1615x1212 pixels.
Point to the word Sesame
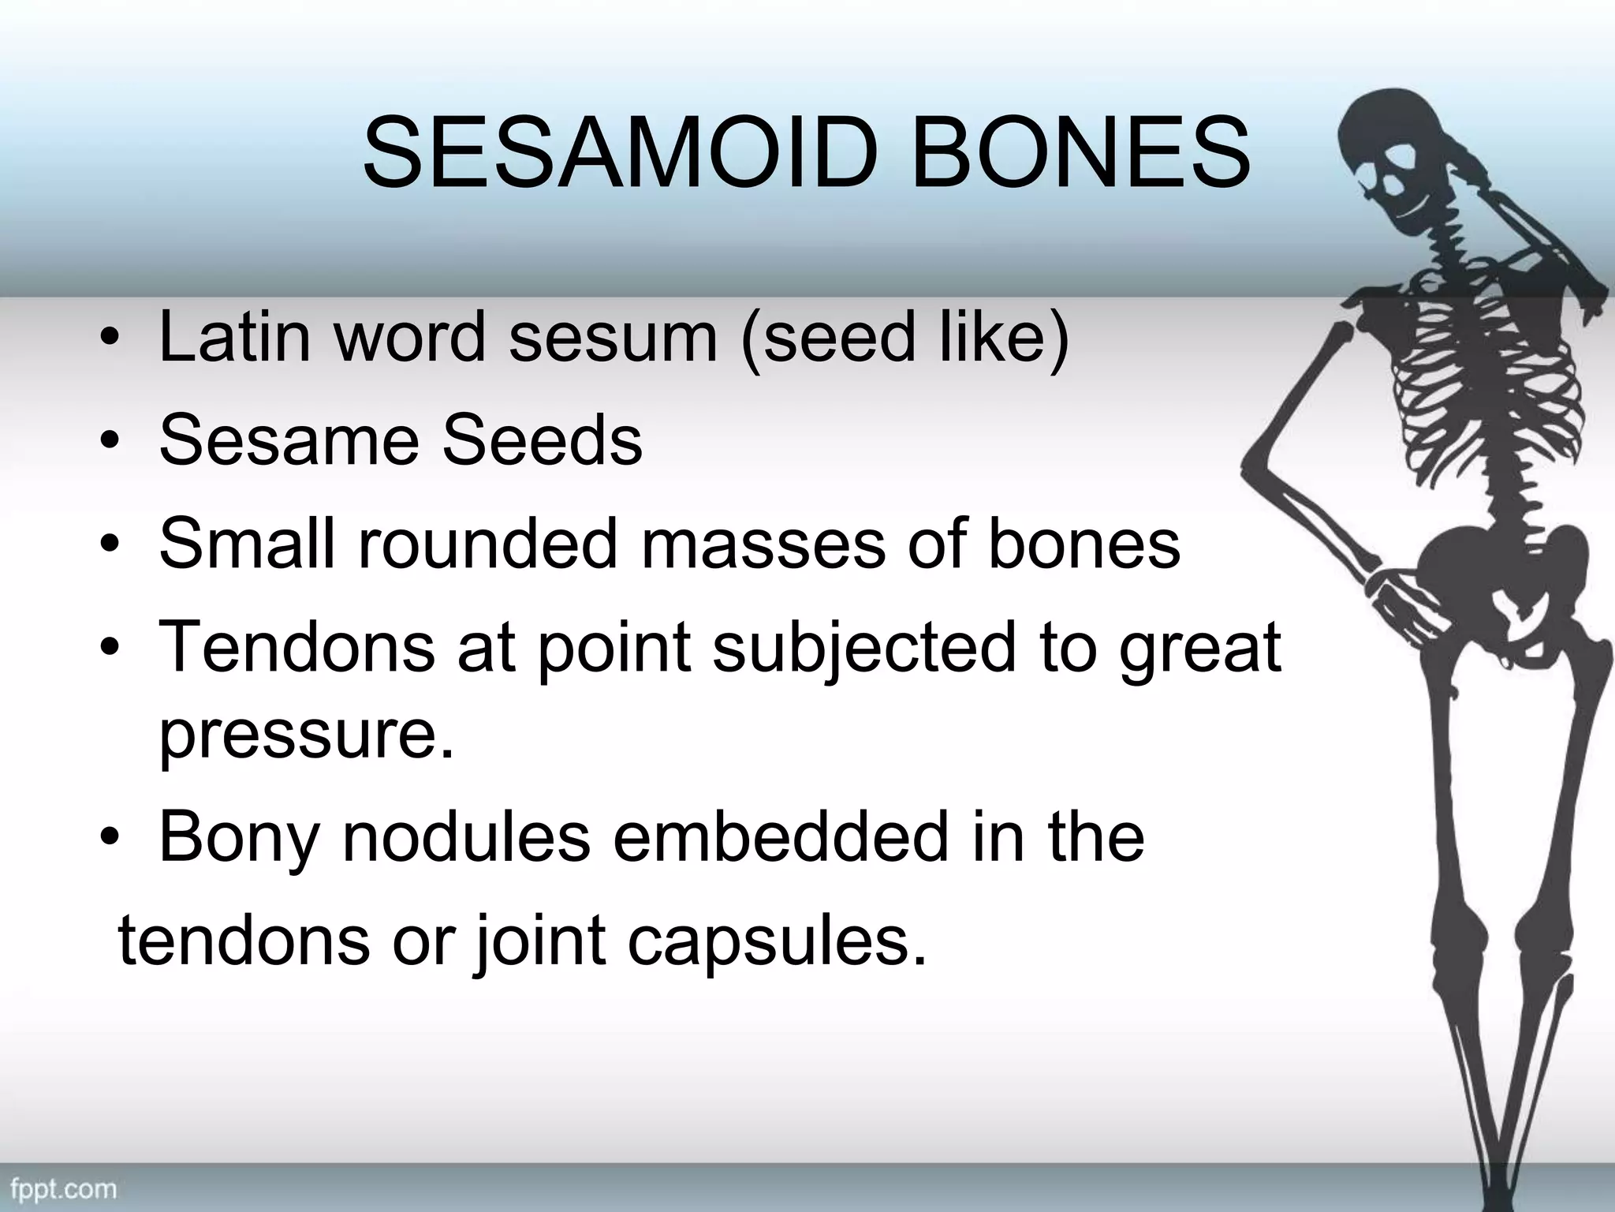[x=289, y=440]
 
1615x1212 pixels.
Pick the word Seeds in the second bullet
[x=542, y=440]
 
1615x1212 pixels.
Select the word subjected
[x=864, y=649]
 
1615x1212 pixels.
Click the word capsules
[x=777, y=943]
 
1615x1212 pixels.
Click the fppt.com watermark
[x=62, y=1188]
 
